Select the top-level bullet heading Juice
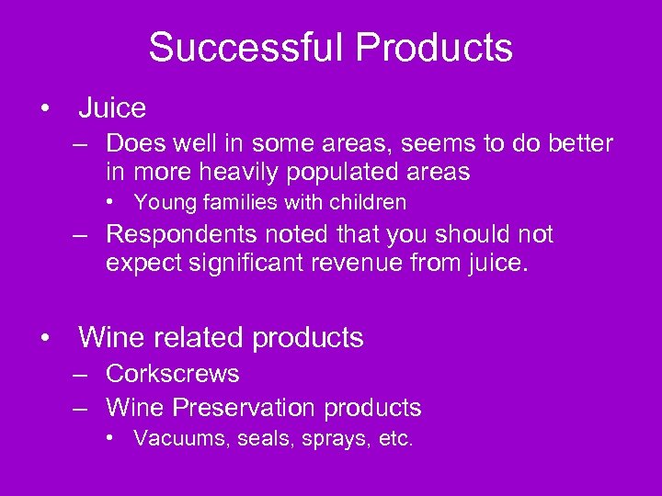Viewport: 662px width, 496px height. point(112,108)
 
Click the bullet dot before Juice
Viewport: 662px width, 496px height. point(45,108)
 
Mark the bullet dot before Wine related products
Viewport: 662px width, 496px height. point(45,338)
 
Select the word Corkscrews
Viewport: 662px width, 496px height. point(173,374)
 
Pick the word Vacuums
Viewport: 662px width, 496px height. point(180,439)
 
